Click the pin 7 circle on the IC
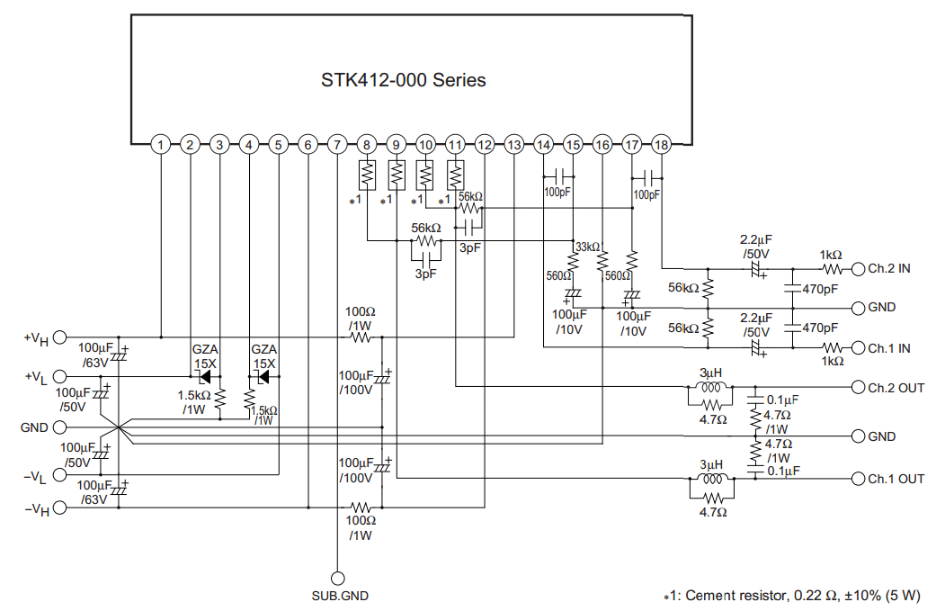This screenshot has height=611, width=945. coord(337,145)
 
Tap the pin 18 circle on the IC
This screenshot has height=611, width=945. coord(661,145)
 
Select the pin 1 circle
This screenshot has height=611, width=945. coord(160,145)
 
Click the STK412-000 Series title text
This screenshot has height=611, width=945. coord(403,80)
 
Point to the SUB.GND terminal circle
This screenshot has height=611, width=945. coord(338,579)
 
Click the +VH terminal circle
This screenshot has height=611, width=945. coord(59,337)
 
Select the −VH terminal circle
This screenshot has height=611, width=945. coord(59,508)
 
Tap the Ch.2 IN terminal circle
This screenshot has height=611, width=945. coord(858,269)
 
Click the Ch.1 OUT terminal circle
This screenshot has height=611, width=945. coord(858,479)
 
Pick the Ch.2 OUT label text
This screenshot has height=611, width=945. coord(896,388)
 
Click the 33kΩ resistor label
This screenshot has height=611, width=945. coord(588,247)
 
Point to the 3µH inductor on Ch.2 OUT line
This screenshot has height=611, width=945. coord(711,387)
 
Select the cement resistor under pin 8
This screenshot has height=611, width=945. coord(367,175)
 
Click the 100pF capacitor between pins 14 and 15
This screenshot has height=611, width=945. coord(558,176)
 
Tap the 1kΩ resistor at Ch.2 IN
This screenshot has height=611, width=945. coord(832,269)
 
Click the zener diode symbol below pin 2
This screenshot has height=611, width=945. coord(204,377)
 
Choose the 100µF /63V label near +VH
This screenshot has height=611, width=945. coord(95,355)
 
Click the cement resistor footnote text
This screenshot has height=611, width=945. coord(792,596)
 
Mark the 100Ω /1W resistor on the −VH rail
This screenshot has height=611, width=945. coord(361,508)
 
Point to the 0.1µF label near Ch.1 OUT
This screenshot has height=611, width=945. coord(783,471)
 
